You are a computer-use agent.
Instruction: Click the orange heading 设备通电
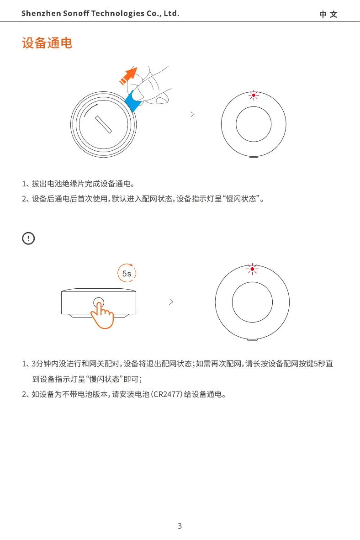[47, 44]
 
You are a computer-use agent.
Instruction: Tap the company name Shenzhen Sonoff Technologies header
[100, 14]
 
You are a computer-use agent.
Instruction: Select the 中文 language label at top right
[328, 14]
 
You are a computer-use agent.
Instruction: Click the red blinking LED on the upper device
[254, 95]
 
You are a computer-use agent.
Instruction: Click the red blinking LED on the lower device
[252, 269]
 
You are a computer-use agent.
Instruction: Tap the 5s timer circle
[127, 273]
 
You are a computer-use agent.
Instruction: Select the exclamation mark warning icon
[28, 238]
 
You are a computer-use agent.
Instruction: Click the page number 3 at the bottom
[180, 526]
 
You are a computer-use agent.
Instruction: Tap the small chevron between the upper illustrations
[192, 115]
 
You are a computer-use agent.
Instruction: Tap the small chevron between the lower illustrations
[171, 302]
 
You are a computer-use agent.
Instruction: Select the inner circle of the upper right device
[254, 125]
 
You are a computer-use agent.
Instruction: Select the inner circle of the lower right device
[252, 302]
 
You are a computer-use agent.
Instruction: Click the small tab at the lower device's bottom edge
[252, 339]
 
